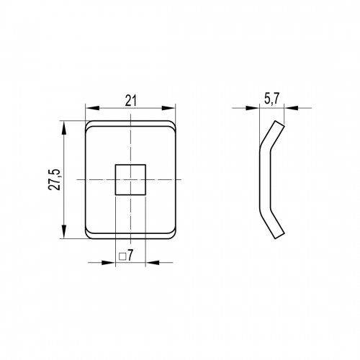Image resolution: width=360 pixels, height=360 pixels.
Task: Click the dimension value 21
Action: pos(131,101)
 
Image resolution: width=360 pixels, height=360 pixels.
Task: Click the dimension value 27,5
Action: pos(54,179)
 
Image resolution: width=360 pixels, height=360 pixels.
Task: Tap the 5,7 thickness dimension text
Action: pos(272,99)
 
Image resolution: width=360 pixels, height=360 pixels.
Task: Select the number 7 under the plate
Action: pos(130,255)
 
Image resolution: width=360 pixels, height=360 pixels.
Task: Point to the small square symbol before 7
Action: pos(122,256)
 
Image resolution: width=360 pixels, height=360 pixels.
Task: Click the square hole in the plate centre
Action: pos(130,179)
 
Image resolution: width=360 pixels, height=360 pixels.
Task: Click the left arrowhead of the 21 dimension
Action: pos(92,108)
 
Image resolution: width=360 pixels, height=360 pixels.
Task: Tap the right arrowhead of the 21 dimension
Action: pos(168,108)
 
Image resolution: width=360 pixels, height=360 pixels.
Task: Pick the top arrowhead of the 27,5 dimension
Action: pos(64,127)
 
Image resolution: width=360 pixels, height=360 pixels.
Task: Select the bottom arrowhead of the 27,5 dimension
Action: pos(64,232)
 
